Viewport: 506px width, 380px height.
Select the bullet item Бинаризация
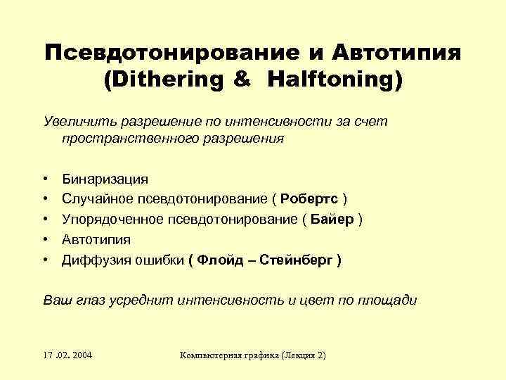[x=105, y=179]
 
